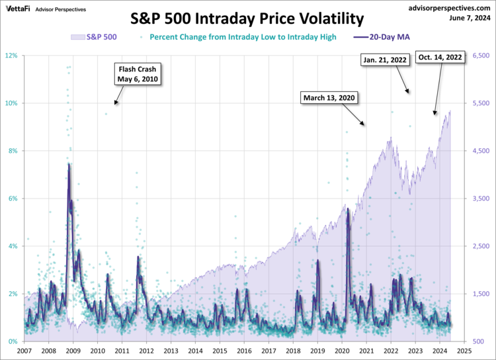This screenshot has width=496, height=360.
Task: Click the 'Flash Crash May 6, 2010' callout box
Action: [x=139, y=74]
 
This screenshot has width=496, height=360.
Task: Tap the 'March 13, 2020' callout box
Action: [x=329, y=98]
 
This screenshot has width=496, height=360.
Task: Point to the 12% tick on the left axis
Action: [x=12, y=56]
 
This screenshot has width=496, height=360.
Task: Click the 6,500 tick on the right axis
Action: [x=481, y=56]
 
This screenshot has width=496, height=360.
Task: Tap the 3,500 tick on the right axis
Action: [x=481, y=199]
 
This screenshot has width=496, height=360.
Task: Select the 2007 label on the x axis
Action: [x=24, y=351]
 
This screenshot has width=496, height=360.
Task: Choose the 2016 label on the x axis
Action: [x=244, y=351]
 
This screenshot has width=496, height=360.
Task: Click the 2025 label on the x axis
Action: [x=464, y=351]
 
